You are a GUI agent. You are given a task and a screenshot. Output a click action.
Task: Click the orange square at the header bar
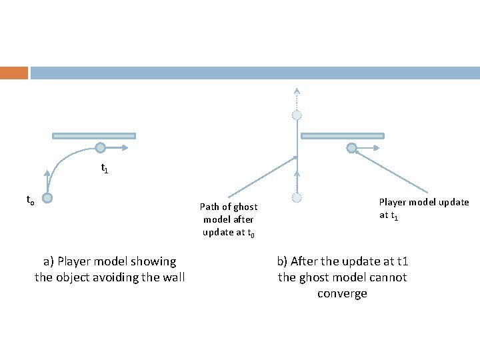pos(14,73)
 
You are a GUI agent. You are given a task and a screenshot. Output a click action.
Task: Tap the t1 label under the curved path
pos(105,169)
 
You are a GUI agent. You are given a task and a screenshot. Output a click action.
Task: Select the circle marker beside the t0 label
pos(47,198)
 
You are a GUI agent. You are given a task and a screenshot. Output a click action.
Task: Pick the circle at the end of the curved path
pos(99,148)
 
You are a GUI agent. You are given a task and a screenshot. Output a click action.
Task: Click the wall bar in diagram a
pos(94,136)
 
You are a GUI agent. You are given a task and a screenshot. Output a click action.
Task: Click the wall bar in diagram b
pos(343,136)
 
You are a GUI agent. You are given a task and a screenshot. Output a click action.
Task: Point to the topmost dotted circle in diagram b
pos(297,115)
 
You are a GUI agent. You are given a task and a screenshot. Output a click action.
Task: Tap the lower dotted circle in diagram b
pos(297,197)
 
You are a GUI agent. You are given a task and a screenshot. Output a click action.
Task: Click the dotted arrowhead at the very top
pos(297,91)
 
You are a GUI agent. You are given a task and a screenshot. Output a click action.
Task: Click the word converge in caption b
pos(342,293)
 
